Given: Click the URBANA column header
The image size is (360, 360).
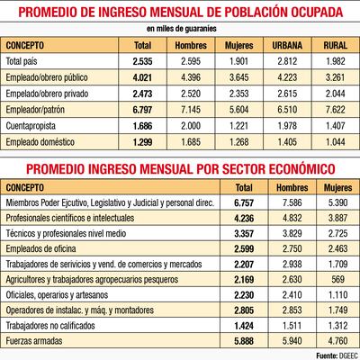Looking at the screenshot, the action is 281,45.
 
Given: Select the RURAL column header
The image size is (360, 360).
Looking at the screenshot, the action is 329,45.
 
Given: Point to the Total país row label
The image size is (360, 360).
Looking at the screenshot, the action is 25,61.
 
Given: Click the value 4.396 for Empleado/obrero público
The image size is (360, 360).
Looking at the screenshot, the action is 188,78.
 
